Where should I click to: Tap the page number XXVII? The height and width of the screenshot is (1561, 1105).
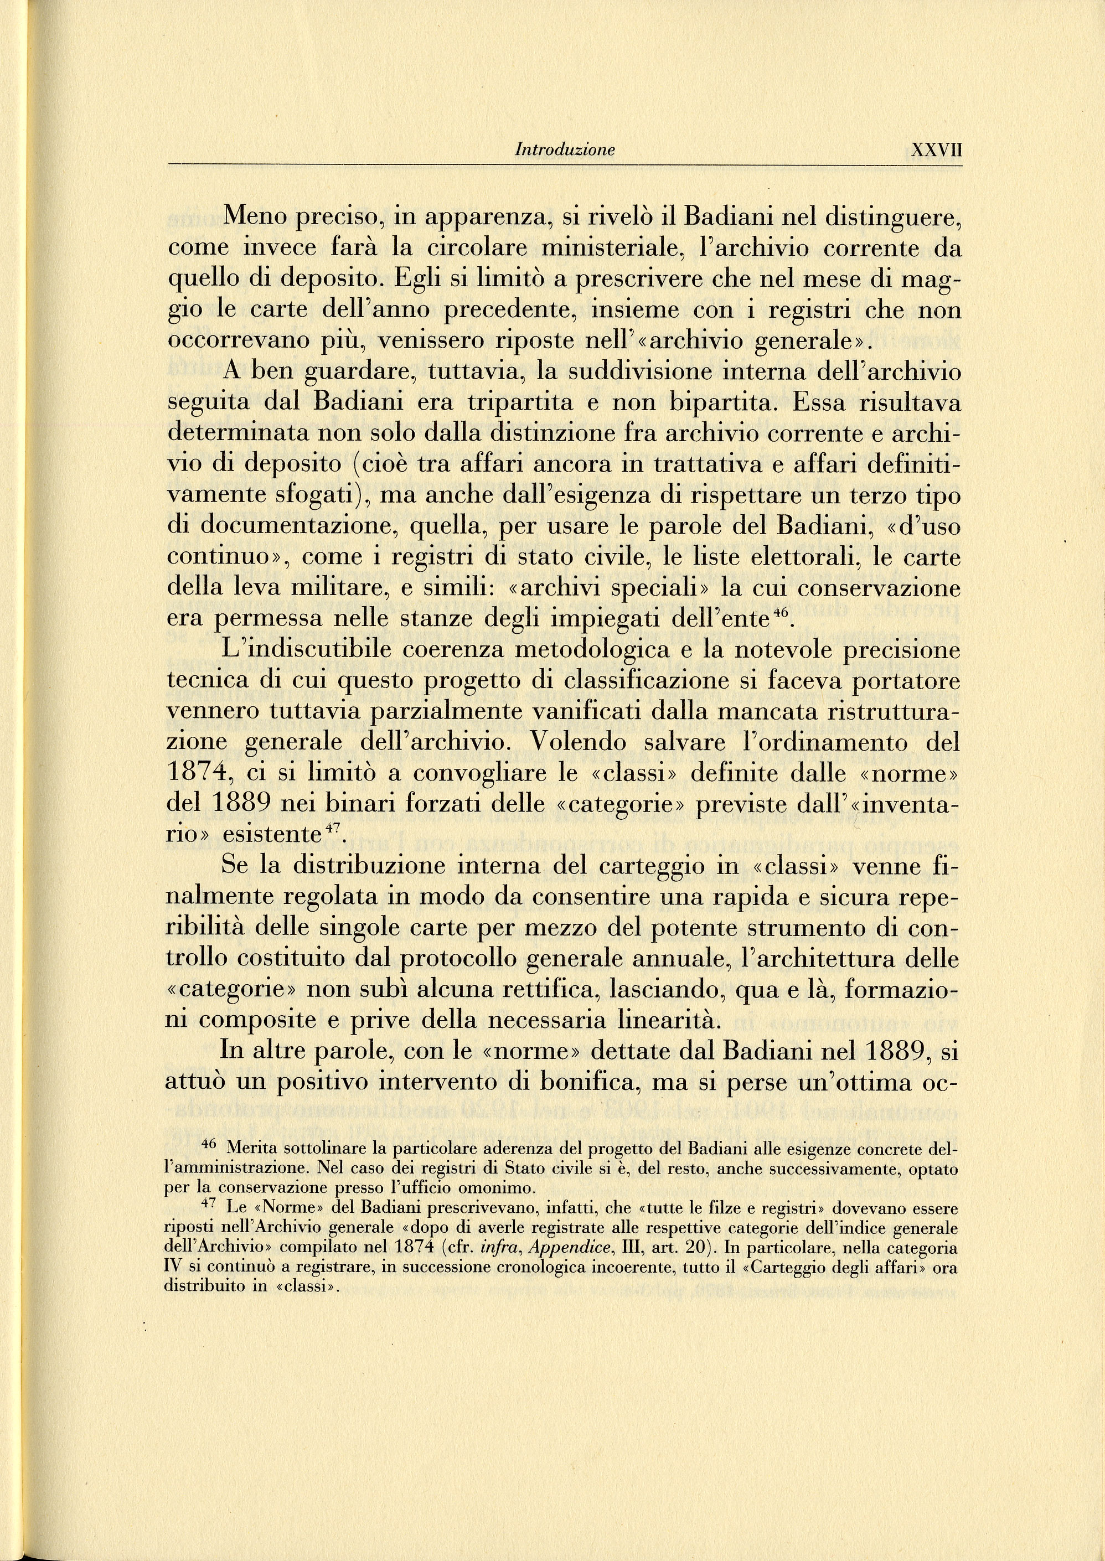(x=936, y=149)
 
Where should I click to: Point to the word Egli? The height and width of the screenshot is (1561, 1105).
(x=414, y=280)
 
